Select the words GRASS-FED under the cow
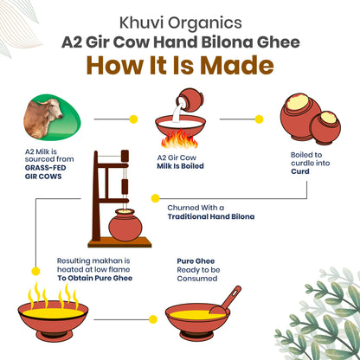45,168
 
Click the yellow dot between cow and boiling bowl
133,119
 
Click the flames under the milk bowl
180,138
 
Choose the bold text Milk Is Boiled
180,166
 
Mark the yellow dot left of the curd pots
259,119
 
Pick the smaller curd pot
326,128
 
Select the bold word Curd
300,171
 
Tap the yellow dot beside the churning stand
155,198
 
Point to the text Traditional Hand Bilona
211,216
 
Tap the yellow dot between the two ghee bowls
153,319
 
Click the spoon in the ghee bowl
226,300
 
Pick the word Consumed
197,279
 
